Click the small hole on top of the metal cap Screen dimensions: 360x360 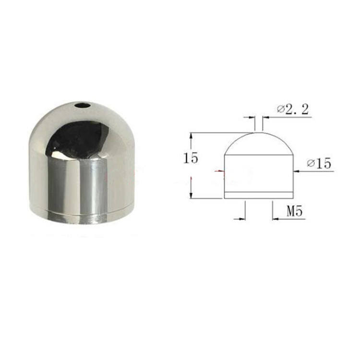[x=82, y=106]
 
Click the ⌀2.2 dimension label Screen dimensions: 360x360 [x=293, y=109]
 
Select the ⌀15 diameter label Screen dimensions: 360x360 [x=319, y=164]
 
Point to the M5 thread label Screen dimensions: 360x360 [x=295, y=211]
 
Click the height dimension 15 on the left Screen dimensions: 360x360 [x=191, y=158]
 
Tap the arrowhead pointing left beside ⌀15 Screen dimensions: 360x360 [x=297, y=171]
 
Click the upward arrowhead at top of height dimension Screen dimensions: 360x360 [x=191, y=136]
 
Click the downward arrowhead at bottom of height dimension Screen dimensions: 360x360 [x=191, y=195]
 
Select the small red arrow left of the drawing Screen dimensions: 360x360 [x=219, y=171]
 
